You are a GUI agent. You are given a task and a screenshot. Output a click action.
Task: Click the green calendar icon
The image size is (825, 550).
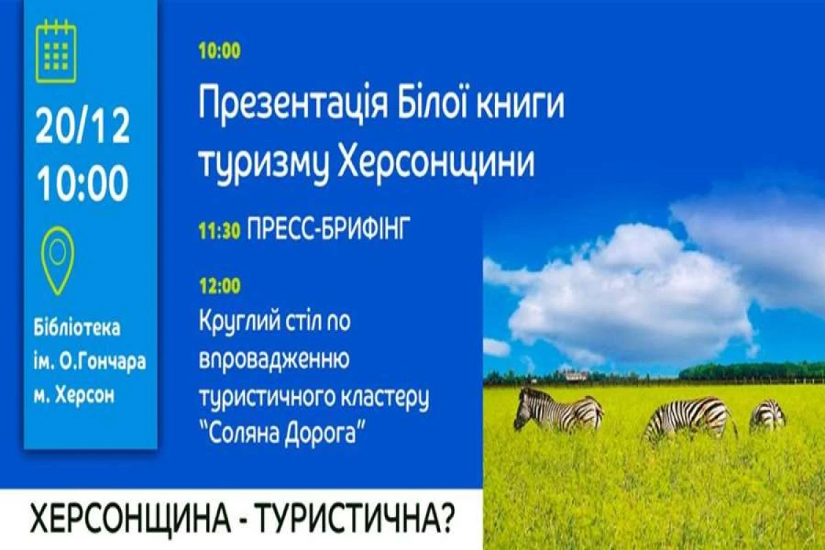pos(56,52)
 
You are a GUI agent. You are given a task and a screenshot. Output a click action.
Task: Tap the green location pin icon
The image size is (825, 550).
pos(58,261)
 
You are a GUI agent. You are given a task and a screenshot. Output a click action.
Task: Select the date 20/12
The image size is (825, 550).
pos(83,126)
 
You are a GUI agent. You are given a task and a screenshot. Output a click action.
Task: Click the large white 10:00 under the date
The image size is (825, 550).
pos(82,182)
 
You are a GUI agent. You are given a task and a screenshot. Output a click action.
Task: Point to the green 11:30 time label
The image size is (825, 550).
pos(219,230)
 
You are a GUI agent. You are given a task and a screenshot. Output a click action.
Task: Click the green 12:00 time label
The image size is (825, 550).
pos(220,285)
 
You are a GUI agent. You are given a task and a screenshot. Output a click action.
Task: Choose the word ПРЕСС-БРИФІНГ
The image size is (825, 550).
pos(328,228)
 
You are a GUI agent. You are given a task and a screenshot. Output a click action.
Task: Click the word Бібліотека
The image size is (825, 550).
pos(77,327)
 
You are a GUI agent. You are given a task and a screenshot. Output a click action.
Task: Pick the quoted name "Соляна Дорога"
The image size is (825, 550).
pos(283,434)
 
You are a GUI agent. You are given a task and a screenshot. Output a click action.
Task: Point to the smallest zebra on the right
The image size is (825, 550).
pos(769,415)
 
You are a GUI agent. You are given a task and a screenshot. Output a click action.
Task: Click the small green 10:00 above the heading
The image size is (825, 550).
pos(220,50)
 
